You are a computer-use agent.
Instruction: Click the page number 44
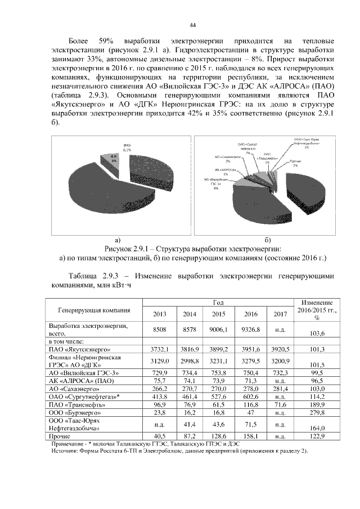(x=192, y=26)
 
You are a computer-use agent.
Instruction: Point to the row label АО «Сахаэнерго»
(x=73, y=389)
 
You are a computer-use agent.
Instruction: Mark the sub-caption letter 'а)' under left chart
(x=118, y=240)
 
